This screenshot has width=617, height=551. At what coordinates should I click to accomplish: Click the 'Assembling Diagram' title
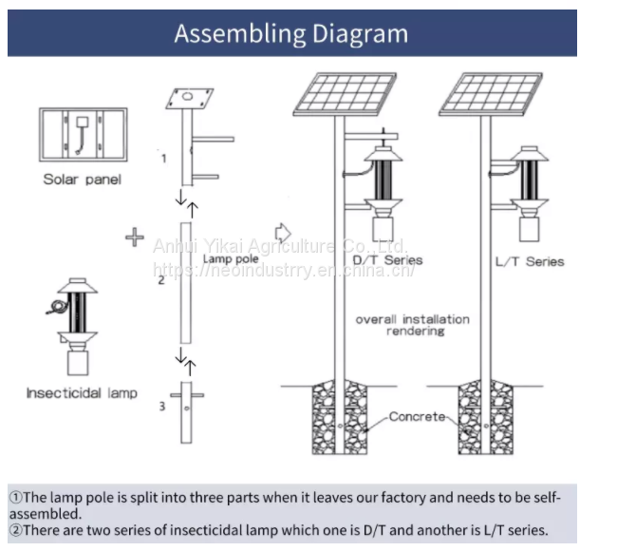[290, 34]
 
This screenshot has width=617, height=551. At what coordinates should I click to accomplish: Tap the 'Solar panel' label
[82, 180]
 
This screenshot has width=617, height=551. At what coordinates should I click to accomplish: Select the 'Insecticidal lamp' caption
[82, 392]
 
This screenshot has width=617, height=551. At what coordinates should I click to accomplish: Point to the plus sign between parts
[134, 237]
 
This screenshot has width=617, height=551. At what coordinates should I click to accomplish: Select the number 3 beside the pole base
[161, 407]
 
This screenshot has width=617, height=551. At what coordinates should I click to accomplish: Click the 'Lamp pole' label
[231, 258]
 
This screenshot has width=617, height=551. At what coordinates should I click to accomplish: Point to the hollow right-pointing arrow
[282, 233]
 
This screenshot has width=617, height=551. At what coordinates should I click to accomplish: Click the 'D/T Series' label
[387, 260]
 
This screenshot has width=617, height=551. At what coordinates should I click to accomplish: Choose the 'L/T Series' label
[530, 260]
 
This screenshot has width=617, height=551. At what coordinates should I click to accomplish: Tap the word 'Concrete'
[418, 417]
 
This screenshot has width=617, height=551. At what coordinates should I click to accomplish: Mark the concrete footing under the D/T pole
[339, 417]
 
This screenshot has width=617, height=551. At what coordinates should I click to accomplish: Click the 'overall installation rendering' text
[412, 325]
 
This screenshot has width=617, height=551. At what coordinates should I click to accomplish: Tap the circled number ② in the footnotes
[16, 531]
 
